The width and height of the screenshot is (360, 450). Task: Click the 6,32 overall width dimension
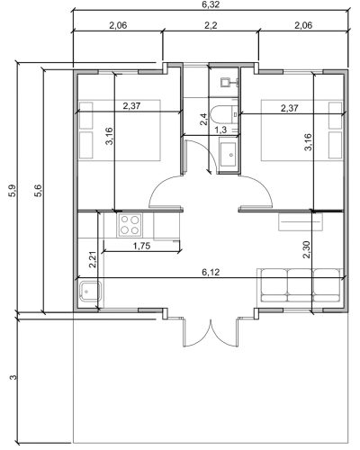[211, 4]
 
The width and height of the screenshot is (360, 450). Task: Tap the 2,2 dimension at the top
[211, 25]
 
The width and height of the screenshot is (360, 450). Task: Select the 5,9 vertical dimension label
[13, 191]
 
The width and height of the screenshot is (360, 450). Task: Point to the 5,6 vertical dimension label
[39, 191]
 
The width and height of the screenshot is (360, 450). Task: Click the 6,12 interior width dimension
[211, 272]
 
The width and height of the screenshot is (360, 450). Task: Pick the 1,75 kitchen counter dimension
[141, 246]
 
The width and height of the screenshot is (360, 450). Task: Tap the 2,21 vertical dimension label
[93, 259]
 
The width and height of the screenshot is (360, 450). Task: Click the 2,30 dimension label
[307, 249]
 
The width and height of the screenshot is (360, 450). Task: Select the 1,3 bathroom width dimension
[221, 130]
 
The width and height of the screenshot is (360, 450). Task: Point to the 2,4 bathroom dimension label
[203, 119]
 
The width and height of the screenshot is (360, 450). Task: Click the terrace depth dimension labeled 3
[13, 377]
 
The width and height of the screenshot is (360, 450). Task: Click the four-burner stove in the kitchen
[130, 225]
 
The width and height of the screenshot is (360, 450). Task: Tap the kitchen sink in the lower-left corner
[91, 292]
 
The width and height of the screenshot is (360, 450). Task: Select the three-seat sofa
[300, 285]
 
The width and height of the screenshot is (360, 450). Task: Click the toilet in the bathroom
[224, 114]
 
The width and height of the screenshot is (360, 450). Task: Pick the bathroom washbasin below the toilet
[229, 155]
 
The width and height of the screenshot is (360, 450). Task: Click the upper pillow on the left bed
[85, 116]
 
